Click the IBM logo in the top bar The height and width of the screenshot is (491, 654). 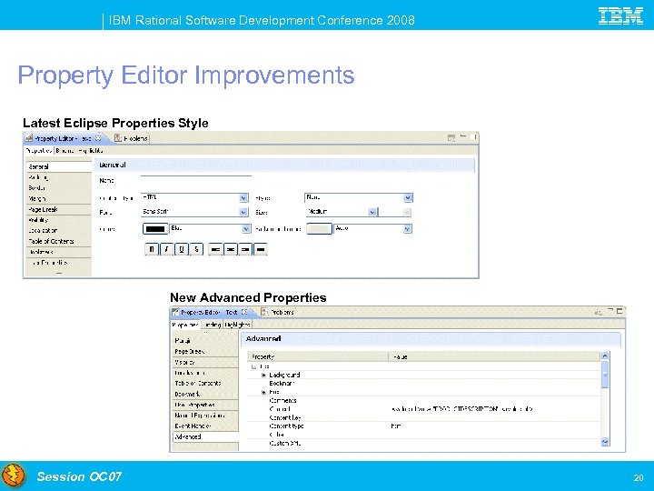point(621,15)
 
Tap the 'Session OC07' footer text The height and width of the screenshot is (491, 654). point(79,476)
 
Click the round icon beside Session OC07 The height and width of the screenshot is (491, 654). point(14,476)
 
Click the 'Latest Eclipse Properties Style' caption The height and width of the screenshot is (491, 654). point(115,123)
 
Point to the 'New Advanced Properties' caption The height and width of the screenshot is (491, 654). point(248,297)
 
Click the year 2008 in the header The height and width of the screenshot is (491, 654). point(400,20)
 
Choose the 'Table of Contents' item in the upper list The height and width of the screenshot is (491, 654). point(51,241)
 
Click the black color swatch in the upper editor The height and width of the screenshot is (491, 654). point(156,229)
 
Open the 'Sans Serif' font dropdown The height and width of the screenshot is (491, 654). point(244,211)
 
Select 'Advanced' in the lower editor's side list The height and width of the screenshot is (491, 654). point(189,436)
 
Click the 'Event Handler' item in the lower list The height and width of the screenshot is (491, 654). point(193,426)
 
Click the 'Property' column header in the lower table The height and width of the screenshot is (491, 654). point(263,356)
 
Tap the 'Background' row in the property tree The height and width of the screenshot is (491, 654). point(284,375)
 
